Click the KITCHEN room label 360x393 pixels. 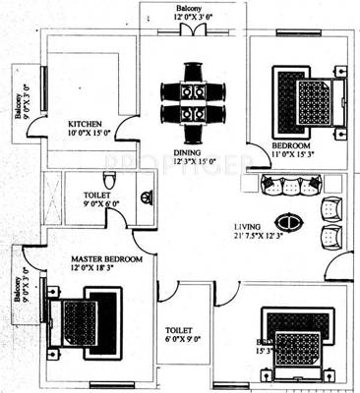pyautogui.click(x=86, y=123)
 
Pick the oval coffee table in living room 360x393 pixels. pyautogui.click(x=286, y=219)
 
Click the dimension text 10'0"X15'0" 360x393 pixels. pyautogui.click(x=89, y=133)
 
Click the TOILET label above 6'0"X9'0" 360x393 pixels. pyautogui.click(x=178, y=331)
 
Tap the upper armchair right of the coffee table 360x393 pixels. pyautogui.click(x=331, y=208)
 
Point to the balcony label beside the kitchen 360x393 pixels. pyautogui.click(x=19, y=99)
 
